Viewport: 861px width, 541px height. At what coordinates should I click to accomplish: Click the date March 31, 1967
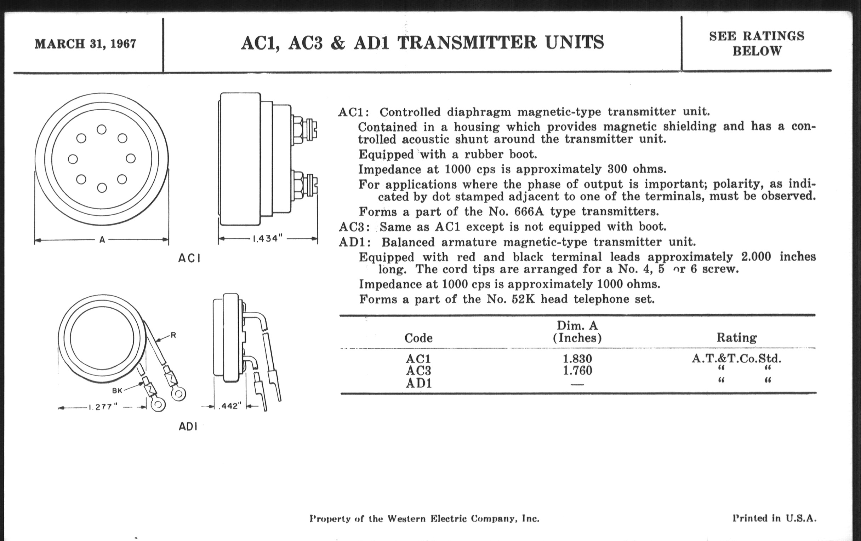(x=85, y=43)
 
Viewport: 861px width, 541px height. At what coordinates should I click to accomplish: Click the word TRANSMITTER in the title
(x=467, y=42)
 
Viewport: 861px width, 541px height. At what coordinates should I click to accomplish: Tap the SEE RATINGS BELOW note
(x=757, y=43)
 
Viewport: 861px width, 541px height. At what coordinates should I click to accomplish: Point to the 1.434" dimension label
(x=267, y=239)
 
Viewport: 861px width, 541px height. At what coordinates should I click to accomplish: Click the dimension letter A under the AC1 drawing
(x=102, y=240)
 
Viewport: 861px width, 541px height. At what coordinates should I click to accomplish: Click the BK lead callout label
(x=117, y=391)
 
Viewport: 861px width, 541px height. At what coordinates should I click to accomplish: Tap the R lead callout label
(x=173, y=335)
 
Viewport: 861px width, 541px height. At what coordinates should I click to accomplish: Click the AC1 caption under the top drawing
(x=189, y=258)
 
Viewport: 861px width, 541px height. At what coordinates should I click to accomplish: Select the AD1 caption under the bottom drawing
(x=188, y=426)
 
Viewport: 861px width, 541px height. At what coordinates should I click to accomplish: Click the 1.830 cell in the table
(x=577, y=358)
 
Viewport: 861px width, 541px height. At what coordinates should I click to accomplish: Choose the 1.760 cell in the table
(x=577, y=371)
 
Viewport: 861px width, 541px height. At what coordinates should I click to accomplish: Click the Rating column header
(x=736, y=337)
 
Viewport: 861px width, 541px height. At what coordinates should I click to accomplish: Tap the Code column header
(x=418, y=338)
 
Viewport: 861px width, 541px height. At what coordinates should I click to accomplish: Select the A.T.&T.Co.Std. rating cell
(x=736, y=358)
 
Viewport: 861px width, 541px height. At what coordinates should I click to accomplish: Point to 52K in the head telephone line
(x=523, y=299)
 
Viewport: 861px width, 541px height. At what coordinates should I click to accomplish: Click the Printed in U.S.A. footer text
(x=774, y=518)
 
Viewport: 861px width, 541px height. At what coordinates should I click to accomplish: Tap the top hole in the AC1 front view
(x=102, y=129)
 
